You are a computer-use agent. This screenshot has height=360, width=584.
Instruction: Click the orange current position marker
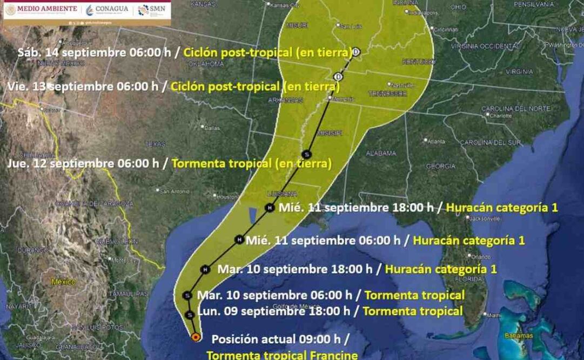coord(196,337)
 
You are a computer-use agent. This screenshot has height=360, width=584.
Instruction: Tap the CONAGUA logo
coord(108,9)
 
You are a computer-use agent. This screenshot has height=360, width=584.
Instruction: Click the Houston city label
coord(226,197)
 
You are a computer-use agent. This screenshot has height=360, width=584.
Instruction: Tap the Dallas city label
coord(212,128)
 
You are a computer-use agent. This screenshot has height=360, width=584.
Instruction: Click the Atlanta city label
coord(436,141)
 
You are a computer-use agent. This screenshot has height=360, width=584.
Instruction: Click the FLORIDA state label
coord(468,279)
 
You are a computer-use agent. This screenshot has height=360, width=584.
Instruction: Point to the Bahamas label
coord(519,336)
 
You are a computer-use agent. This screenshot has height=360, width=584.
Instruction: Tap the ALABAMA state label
coord(381,153)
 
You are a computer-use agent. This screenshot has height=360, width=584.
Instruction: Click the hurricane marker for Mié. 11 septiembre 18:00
coord(269,207)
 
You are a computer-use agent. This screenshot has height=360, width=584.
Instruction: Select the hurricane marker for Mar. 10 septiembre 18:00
coord(205,269)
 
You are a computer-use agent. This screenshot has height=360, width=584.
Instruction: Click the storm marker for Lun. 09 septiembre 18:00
coord(189,315)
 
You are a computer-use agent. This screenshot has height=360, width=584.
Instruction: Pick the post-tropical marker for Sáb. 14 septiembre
coord(356,52)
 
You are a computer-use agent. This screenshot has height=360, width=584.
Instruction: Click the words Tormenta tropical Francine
coord(282,355)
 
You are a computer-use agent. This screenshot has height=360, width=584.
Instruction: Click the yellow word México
coord(64,282)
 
